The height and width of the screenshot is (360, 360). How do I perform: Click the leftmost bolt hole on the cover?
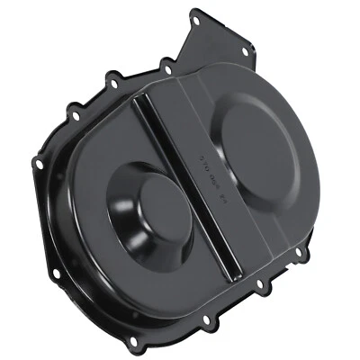(37, 162)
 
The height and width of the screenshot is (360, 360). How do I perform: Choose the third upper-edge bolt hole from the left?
(166, 63)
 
